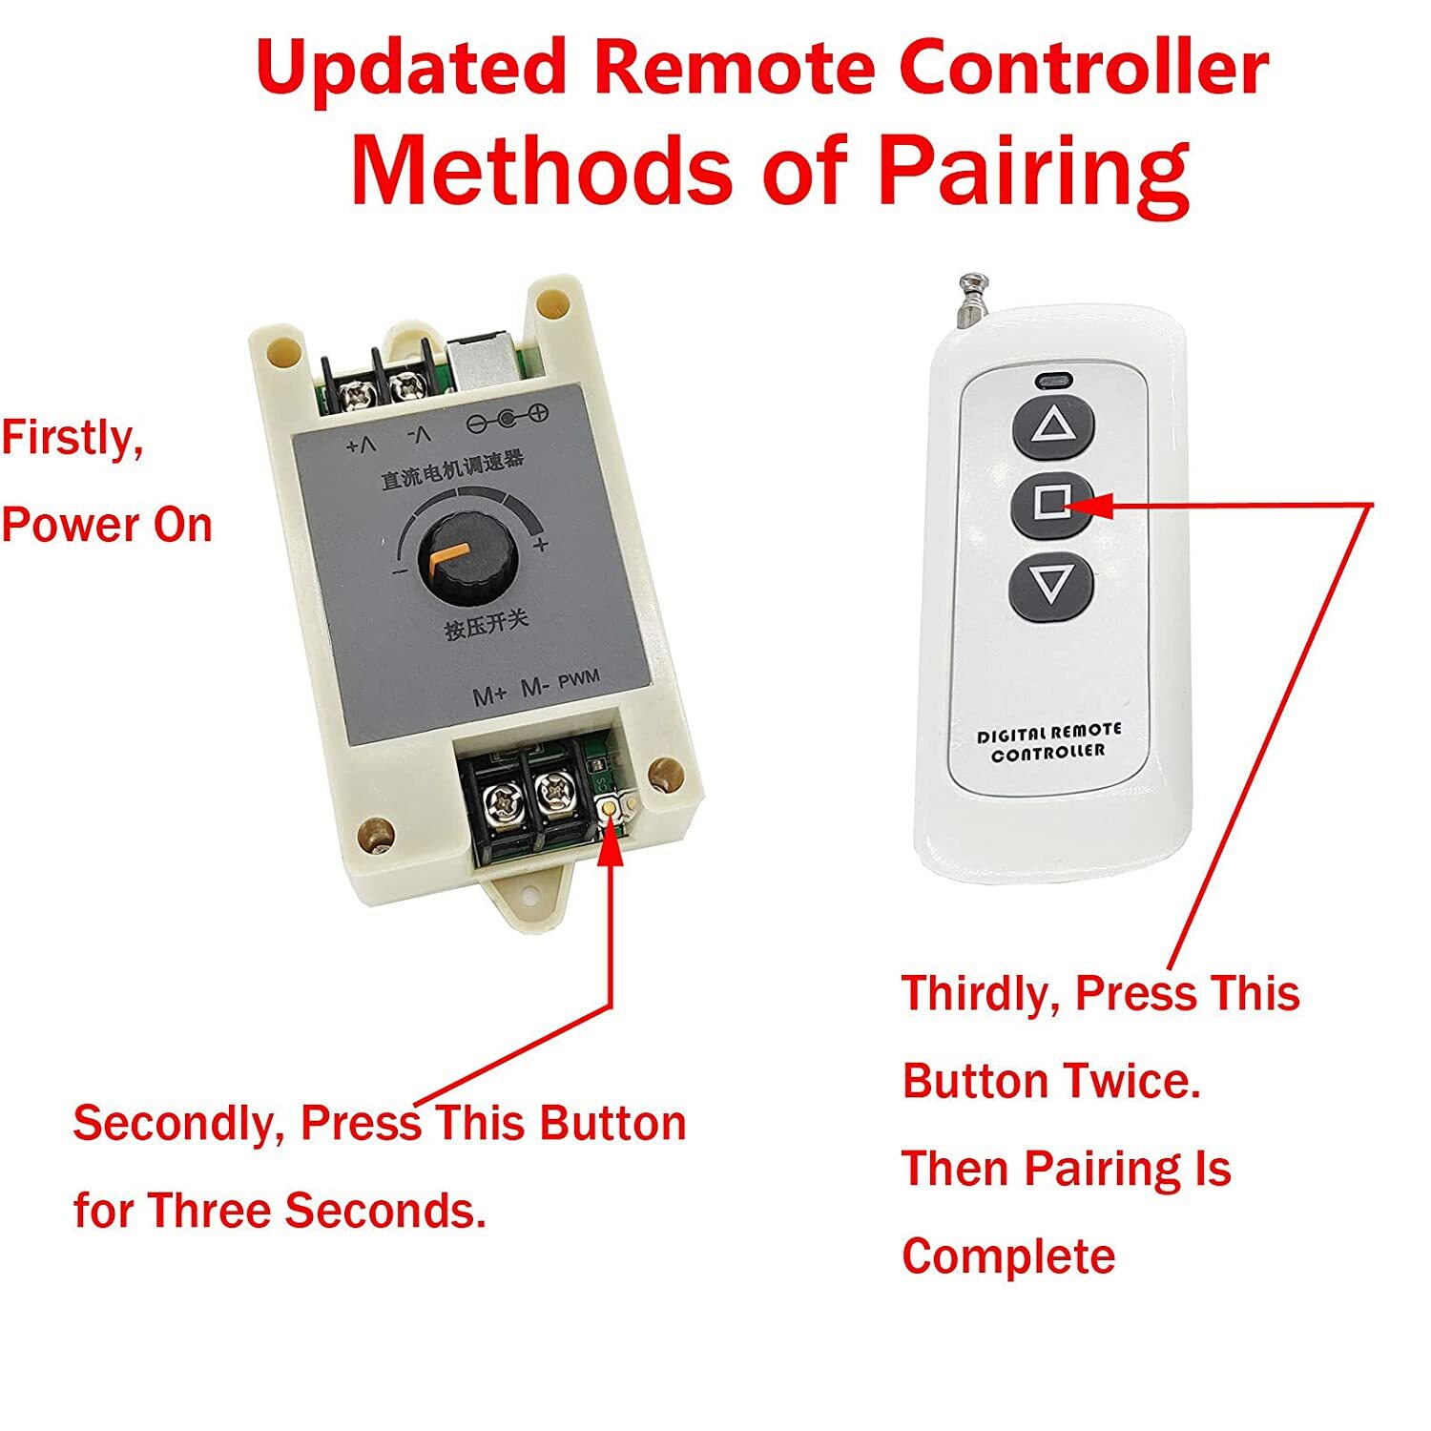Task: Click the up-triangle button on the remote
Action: [1052, 425]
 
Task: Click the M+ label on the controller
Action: [490, 695]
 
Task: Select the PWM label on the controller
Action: [579, 678]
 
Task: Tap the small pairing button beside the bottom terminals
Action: [611, 806]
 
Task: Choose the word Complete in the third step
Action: [1008, 1256]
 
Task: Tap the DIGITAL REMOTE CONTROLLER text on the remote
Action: [1049, 741]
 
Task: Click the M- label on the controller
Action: [534, 688]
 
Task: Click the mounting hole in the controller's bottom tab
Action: [529, 899]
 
